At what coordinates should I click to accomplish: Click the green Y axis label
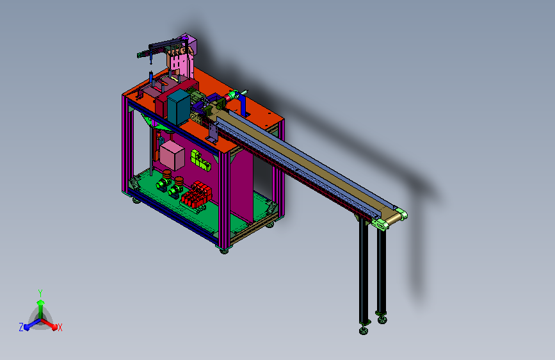click(40, 292)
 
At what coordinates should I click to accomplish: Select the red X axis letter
click(60, 327)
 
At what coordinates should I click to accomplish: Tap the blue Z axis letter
click(21, 327)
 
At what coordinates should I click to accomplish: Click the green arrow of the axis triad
click(40, 304)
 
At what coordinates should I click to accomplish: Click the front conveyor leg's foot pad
click(364, 330)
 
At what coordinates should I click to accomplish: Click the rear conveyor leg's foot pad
click(382, 318)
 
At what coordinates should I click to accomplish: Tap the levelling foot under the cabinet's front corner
click(223, 250)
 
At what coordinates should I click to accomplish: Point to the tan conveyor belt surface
click(307, 160)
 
